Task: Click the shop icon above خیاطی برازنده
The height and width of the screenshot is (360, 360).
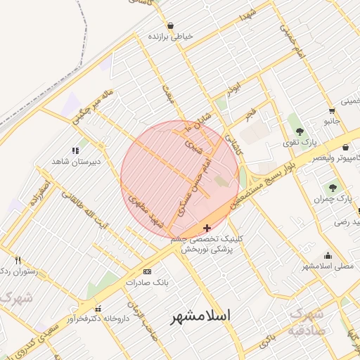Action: tap(170, 25)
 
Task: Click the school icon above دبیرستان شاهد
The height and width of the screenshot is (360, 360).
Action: tap(75, 150)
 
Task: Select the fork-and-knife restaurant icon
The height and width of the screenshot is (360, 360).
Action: tap(18, 259)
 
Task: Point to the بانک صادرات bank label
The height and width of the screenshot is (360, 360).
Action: tap(144, 283)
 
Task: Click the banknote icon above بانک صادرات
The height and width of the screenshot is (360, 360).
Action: tap(146, 271)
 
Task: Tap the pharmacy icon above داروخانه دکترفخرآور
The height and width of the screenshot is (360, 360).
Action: tap(98, 308)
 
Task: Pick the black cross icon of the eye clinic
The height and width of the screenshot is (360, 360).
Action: tap(206, 228)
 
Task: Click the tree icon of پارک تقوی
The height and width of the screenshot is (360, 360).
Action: tap(300, 131)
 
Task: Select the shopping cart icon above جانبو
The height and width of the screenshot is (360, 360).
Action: tap(331, 110)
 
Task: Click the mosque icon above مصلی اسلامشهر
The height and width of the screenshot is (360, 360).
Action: tap(327, 255)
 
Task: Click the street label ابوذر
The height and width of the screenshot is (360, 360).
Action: tap(233, 89)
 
